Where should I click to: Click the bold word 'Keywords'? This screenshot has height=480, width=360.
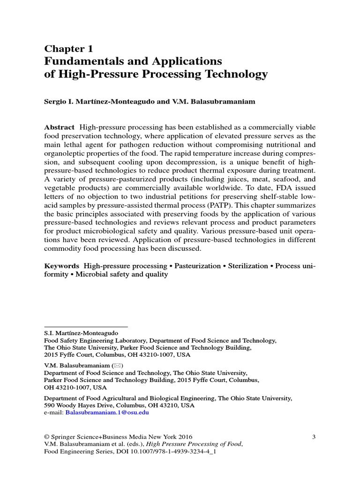(61, 266)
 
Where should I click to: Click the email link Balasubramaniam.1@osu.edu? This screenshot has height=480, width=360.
(107, 412)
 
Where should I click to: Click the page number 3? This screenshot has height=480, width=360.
(314, 436)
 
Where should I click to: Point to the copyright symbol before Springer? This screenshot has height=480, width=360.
(46, 436)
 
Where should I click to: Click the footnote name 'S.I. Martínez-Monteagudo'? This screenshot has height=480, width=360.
(80, 333)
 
